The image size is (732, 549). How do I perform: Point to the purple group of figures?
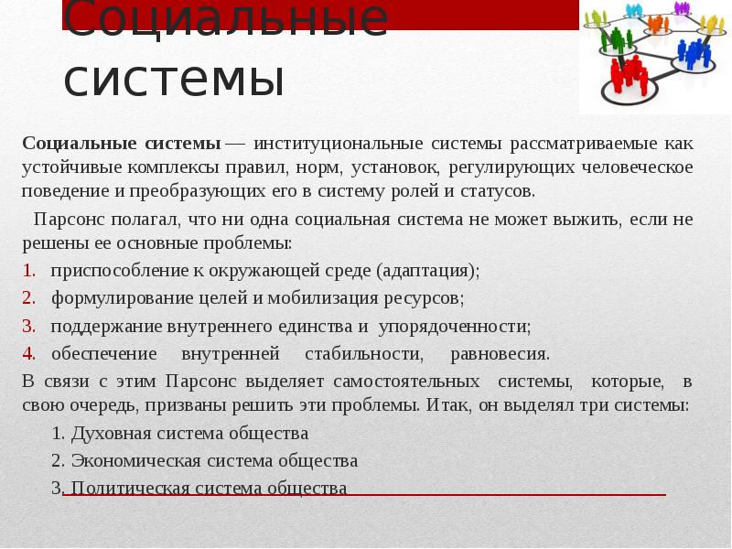[x=682, y=7]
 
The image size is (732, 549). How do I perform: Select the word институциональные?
[x=338, y=144]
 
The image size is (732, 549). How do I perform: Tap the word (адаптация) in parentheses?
[x=427, y=271]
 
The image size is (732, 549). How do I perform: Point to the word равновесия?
[x=500, y=353]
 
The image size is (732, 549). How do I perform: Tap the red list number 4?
[x=29, y=353]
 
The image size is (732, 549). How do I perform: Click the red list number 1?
[x=29, y=271]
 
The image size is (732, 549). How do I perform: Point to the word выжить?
[x=585, y=221]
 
